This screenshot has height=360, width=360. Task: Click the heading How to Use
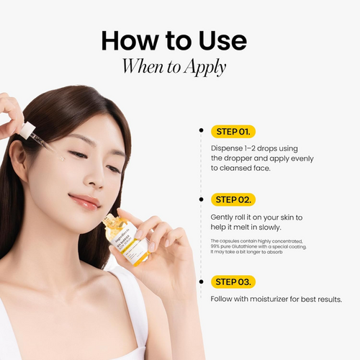[x=179, y=41]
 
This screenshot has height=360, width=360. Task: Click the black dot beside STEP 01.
[x=201, y=131]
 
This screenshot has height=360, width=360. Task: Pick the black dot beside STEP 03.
[x=201, y=282]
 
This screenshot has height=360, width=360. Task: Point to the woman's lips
[x=84, y=201]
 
